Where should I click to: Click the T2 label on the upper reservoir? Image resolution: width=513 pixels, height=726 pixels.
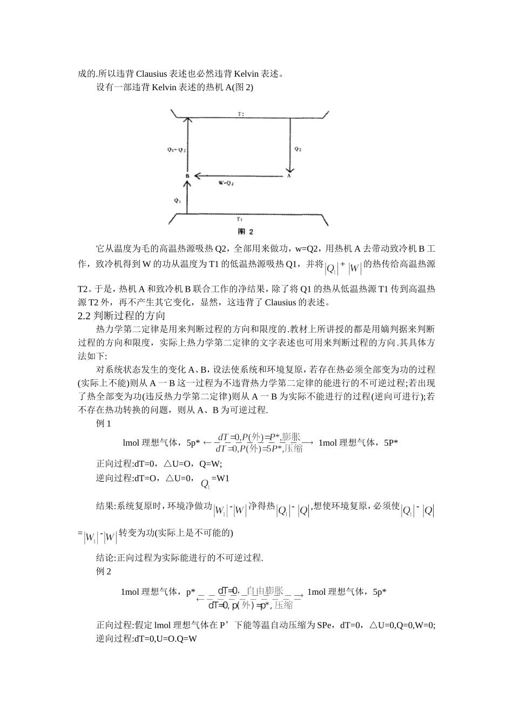pyautogui.click(x=241, y=114)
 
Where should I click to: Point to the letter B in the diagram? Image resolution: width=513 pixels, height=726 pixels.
pyautogui.click(x=187, y=176)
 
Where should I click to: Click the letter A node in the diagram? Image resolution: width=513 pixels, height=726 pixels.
pyautogui.click(x=289, y=176)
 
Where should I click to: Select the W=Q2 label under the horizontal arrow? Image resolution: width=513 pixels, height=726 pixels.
pyautogui.click(x=226, y=184)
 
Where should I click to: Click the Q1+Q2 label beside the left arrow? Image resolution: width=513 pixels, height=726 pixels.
pyautogui.click(x=176, y=150)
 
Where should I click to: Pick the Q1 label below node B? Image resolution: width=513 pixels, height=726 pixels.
pyautogui.click(x=177, y=200)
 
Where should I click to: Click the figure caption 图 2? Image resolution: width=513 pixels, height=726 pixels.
pyautogui.click(x=246, y=232)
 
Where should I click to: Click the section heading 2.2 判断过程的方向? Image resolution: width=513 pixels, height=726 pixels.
pyautogui.click(x=122, y=315)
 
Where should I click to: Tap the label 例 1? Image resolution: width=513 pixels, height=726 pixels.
pyautogui.click(x=104, y=423)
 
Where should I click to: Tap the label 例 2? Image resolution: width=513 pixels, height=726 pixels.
pyautogui.click(x=104, y=572)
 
